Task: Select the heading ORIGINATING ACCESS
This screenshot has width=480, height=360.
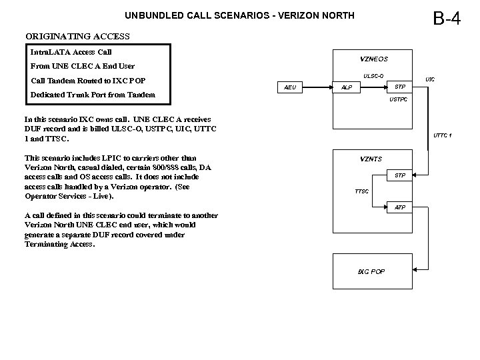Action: click(77, 36)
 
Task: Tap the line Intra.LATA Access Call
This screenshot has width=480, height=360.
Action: click(71, 52)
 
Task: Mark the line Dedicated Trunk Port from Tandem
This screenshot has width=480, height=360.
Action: click(93, 94)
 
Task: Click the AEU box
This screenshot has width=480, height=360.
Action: click(290, 87)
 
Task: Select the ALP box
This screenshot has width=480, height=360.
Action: click(347, 87)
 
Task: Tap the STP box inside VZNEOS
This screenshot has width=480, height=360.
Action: click(399, 87)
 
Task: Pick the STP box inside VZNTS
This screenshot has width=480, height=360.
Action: click(399, 175)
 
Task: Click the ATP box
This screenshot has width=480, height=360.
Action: click(399, 208)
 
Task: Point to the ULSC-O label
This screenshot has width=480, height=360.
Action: click(373, 75)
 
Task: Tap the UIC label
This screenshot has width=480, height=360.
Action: click(430, 79)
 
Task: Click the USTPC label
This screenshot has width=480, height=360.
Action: click(398, 100)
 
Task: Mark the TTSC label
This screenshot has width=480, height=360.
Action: click(361, 191)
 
